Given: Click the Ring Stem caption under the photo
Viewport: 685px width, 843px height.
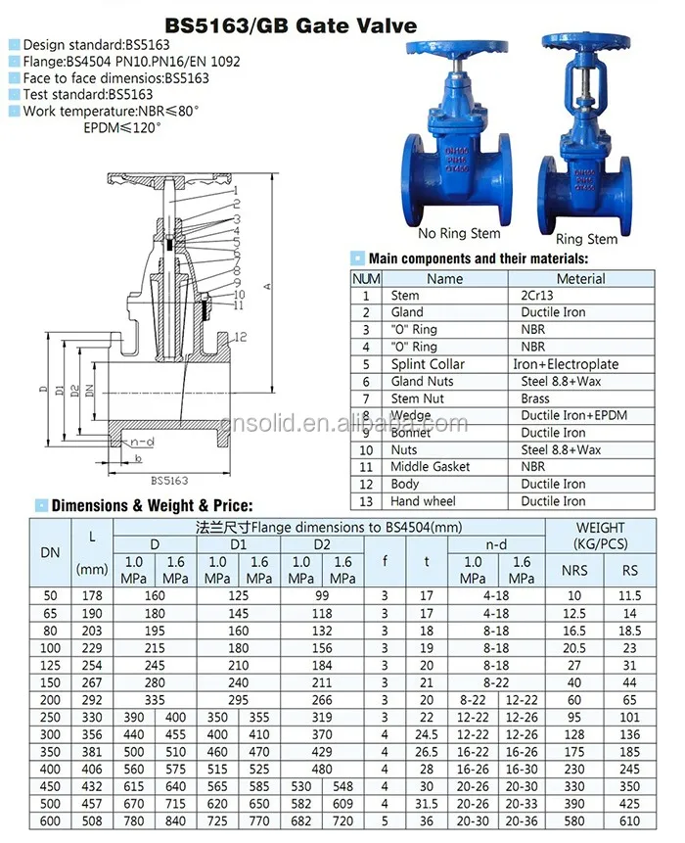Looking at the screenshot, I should click(586, 239).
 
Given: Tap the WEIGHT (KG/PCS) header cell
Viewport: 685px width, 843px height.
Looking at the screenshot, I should click(600, 536).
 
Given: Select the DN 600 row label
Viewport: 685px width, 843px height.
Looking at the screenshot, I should click(50, 820).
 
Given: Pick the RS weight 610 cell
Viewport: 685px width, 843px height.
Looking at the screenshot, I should click(629, 820).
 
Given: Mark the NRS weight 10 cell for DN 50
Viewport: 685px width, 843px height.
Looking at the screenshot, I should click(573, 595).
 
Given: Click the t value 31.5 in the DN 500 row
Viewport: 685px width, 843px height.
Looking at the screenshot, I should click(426, 803).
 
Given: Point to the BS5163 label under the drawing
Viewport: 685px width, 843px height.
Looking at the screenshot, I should click(168, 481).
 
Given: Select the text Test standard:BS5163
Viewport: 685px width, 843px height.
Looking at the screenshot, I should click(87, 94).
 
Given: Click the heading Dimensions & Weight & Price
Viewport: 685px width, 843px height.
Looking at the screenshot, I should click(152, 506).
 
